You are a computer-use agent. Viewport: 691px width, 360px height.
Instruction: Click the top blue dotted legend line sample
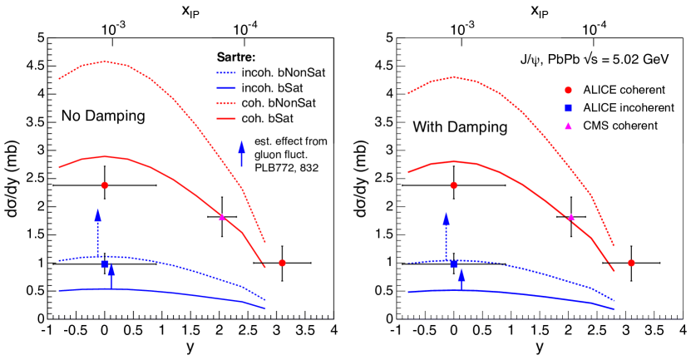coord(226,73)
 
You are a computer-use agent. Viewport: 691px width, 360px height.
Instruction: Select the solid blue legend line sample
coord(226,87)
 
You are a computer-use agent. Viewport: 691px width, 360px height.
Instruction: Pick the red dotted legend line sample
coord(226,104)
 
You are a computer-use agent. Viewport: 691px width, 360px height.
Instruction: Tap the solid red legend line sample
coord(226,119)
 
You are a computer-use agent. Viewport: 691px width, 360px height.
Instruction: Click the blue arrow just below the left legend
coord(242,154)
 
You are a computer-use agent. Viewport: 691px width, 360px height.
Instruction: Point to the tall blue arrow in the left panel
coord(98,231)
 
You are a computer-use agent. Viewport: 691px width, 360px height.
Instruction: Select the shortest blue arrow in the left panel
coord(111,275)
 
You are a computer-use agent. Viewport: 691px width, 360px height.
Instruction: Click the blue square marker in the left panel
coord(105,264)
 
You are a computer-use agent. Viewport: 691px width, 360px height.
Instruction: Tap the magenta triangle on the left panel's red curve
coord(221,217)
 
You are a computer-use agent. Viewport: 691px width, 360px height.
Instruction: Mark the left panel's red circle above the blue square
coord(105,185)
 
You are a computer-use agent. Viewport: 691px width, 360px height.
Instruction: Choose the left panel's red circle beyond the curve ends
coord(282,263)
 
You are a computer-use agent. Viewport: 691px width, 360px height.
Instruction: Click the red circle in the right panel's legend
coord(568,91)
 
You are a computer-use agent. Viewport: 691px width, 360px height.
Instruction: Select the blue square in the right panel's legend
coord(568,108)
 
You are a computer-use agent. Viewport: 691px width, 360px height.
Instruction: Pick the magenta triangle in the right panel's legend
coord(568,126)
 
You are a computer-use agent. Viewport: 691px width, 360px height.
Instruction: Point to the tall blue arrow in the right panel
coord(446,236)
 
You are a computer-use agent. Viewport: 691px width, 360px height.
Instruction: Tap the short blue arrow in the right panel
coord(461,279)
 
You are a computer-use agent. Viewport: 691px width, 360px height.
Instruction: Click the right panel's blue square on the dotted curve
coord(453,264)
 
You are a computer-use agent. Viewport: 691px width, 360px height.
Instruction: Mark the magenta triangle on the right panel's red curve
coord(570,217)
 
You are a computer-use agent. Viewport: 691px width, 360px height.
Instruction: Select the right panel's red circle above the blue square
coord(453,185)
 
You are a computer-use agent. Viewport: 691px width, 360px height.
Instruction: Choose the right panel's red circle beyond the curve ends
coord(631,263)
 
